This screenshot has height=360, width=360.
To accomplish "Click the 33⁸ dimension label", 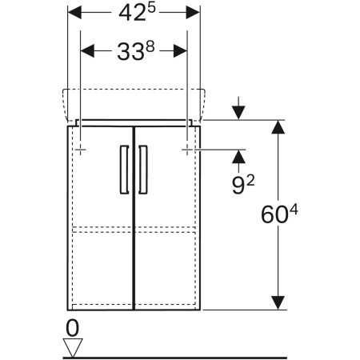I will (x=135, y=52).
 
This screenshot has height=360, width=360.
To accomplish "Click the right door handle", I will (x=143, y=169).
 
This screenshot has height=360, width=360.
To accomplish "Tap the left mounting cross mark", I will (x=82, y=149).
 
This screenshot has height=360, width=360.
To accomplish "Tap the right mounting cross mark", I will (x=187, y=149).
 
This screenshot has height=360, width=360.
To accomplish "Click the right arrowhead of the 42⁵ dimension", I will (x=192, y=14).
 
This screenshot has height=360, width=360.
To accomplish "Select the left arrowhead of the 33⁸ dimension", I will (x=89, y=52).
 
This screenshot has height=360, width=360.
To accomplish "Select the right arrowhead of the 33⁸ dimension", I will (x=180, y=52).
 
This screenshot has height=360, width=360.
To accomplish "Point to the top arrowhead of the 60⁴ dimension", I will (x=278, y=128).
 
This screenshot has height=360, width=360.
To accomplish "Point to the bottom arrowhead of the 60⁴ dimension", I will (x=278, y=302).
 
